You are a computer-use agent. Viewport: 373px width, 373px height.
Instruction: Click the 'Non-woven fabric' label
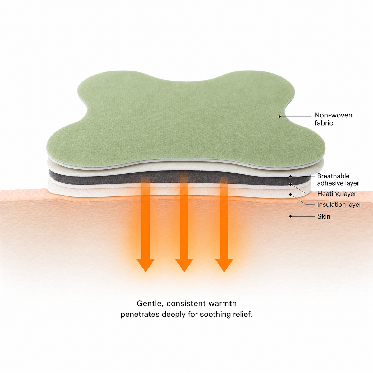[x=333, y=119]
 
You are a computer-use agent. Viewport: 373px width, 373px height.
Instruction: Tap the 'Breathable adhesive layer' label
[x=338, y=180]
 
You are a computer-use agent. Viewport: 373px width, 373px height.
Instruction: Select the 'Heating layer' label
[x=337, y=194]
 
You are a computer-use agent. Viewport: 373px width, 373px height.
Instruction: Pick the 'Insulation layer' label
[x=339, y=205]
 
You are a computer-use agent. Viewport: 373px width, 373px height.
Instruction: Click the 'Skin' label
[x=324, y=216]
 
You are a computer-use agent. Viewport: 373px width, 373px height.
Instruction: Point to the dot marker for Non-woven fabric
[x=279, y=117]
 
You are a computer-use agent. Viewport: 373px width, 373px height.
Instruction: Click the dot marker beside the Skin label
[x=290, y=216]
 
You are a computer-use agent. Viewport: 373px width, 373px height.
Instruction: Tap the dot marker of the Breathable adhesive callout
[x=290, y=177]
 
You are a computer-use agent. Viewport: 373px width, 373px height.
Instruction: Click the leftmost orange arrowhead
[x=145, y=265]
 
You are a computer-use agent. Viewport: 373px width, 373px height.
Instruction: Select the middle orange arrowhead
[x=184, y=265]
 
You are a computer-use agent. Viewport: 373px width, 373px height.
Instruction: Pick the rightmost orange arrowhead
[x=224, y=265]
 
